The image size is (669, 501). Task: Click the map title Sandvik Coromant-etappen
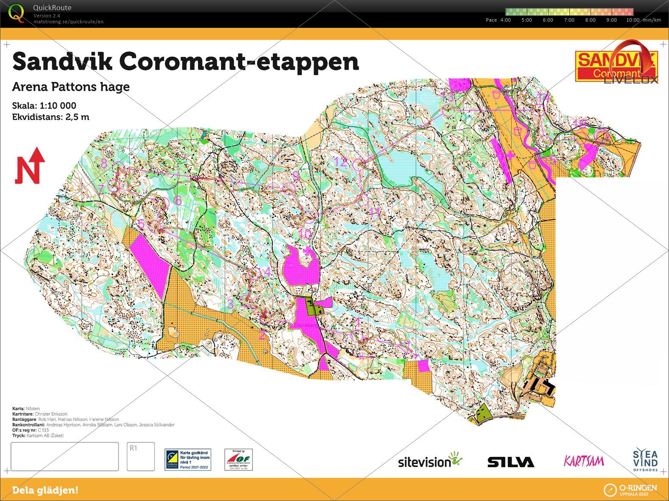[185, 62]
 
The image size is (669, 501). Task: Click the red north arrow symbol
[30, 165]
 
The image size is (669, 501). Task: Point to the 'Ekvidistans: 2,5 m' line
[50, 117]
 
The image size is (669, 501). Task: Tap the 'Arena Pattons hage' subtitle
[71, 87]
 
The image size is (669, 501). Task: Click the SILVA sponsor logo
[510, 462]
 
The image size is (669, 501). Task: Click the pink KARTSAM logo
[584, 461]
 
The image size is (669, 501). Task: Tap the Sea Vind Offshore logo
[645, 460]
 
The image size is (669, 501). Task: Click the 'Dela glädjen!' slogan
[45, 490]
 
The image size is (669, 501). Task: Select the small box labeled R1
[140, 456]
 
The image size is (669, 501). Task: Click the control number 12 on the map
[341, 162]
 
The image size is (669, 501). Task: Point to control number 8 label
[104, 162]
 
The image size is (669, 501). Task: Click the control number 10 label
[305, 233]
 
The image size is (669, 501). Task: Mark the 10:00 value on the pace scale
[633, 20]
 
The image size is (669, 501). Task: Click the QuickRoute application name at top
[52, 8]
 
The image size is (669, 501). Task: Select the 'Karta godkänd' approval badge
[188, 460]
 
